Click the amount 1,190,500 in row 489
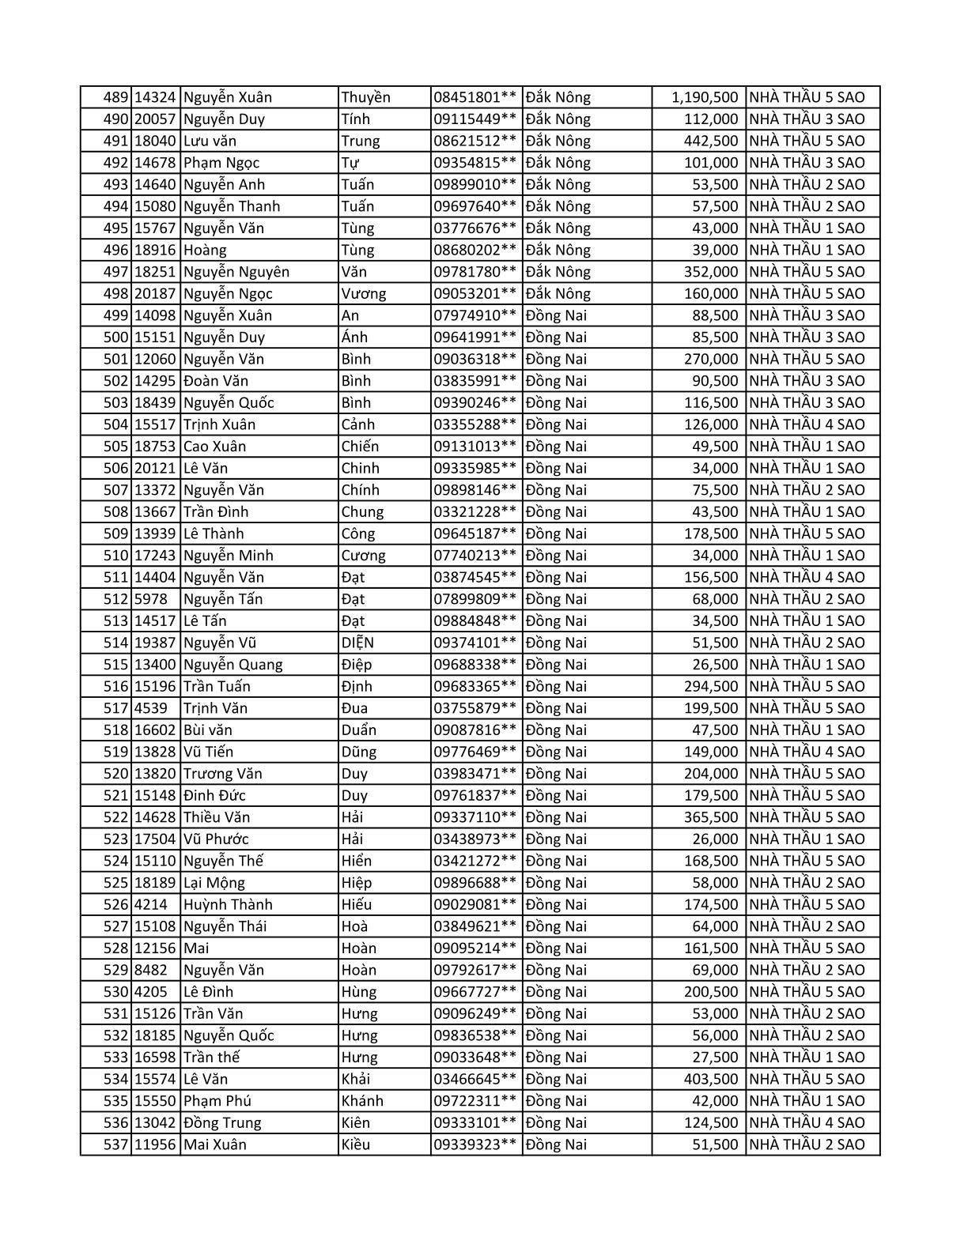[x=705, y=97]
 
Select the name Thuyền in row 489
[x=365, y=97]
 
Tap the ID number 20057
[x=154, y=119]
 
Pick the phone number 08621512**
[x=475, y=141]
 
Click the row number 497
[x=115, y=272]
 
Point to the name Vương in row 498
[x=364, y=294]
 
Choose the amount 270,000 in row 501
[x=710, y=359]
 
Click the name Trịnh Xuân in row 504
[x=219, y=424]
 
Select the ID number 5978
[x=150, y=599]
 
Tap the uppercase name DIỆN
[x=357, y=643]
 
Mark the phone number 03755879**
[x=475, y=708]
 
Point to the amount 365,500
[x=710, y=817]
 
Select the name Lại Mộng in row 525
[x=214, y=883]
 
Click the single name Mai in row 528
[x=196, y=948]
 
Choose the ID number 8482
[x=150, y=970]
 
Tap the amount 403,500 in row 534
[x=710, y=1079]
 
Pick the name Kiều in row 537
[x=355, y=1145]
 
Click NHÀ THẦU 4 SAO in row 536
[x=807, y=1122]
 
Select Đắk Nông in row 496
[x=558, y=250]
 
